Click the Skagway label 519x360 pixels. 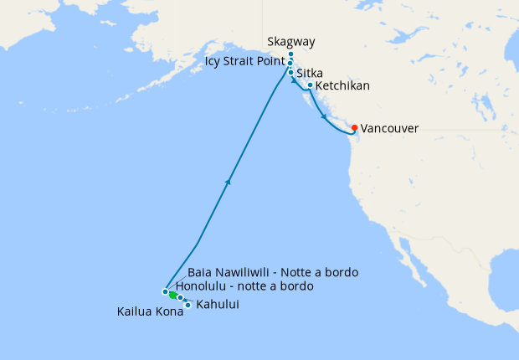point(290,42)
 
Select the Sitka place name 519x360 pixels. point(310,74)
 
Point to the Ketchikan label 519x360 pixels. point(343,85)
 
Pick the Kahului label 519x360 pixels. point(218,305)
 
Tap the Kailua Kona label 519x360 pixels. point(146,314)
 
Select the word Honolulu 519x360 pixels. point(203,286)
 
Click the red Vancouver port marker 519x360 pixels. point(355,128)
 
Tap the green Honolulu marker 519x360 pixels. point(172,295)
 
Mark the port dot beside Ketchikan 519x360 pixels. point(310,85)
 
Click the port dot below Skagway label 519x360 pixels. point(290,54)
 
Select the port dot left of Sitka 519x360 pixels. point(290,73)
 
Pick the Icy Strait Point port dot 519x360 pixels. point(290,63)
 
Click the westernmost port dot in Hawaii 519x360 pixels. point(165,291)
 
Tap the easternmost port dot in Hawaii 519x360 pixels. point(188,305)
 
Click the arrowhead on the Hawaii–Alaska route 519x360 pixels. point(228,180)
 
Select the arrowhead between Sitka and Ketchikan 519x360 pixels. point(295,82)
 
